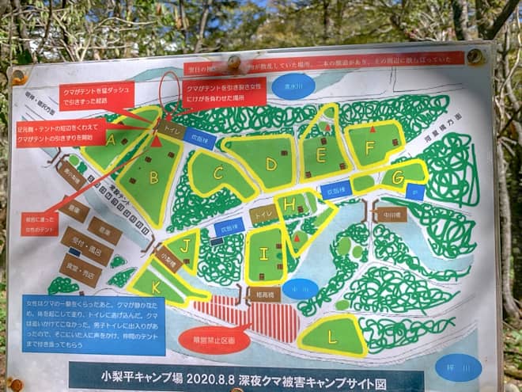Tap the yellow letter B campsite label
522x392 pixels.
coord(153,177)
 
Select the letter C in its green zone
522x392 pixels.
coord(218,171)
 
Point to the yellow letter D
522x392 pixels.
coord(270,164)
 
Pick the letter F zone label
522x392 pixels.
coord(369,148)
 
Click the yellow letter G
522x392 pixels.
coord(397,176)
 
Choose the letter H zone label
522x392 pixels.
coord(289,204)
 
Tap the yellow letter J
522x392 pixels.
coord(185,245)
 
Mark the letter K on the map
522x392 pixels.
coord(157,285)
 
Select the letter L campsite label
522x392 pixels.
coord(332,337)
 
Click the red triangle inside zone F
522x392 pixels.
coord(373,129)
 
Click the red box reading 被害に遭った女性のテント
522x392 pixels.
coord(40,223)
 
